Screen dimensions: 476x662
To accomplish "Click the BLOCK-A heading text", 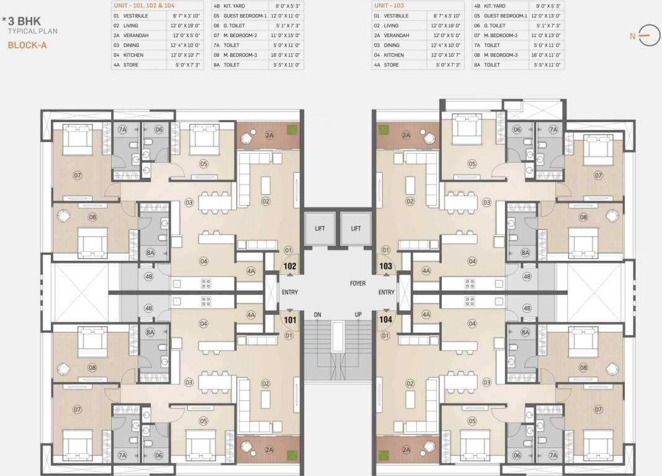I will (27, 45).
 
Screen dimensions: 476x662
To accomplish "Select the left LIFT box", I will (320, 228).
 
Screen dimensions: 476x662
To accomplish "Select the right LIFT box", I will (356, 228).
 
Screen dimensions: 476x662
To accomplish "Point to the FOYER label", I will (357, 283).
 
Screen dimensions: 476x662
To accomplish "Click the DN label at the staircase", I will (317, 315).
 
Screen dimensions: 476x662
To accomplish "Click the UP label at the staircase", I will (358, 315).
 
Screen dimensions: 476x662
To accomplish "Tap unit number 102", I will (289, 267).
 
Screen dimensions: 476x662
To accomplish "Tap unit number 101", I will (289, 320).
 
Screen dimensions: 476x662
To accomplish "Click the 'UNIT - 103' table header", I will (388, 5).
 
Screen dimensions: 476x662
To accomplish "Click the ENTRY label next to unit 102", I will (290, 293).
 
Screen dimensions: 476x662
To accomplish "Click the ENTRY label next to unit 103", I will (387, 293).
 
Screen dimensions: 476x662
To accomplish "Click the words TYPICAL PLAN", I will (27, 30).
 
